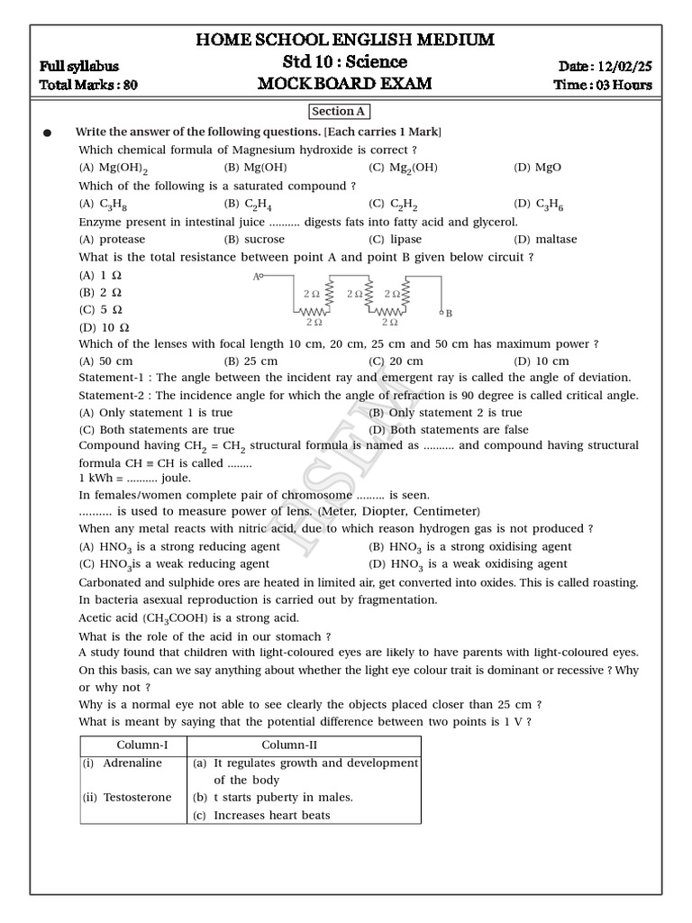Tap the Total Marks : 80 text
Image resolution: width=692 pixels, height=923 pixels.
click(x=88, y=86)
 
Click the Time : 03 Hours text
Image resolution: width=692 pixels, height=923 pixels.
click(x=604, y=86)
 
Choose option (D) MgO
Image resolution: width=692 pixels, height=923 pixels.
click(x=538, y=168)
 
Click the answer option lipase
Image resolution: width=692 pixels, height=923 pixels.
click(x=405, y=239)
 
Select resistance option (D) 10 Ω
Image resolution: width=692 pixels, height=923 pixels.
click(x=105, y=327)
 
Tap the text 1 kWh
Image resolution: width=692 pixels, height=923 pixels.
click(x=97, y=478)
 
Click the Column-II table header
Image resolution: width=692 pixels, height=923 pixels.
click(x=288, y=745)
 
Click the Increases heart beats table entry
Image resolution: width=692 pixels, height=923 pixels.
click(x=271, y=815)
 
